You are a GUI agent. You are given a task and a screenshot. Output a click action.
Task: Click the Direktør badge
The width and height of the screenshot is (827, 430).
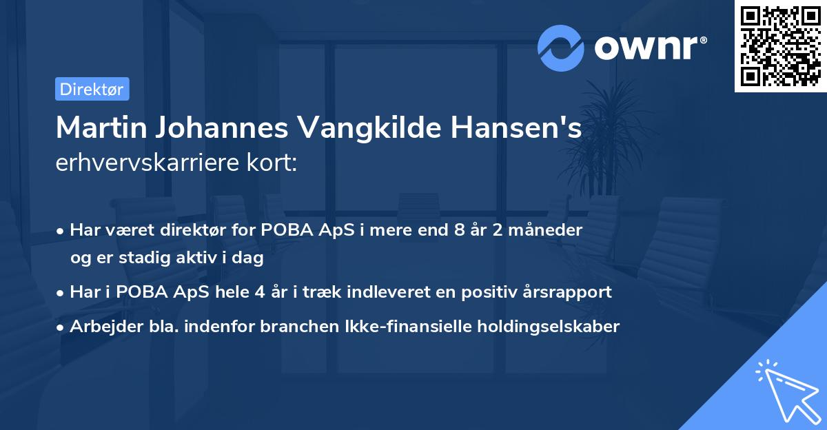(92, 89)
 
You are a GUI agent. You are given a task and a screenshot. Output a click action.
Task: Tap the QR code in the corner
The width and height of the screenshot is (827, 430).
(780, 46)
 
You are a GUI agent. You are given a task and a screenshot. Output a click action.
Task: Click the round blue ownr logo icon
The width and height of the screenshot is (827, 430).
(561, 48)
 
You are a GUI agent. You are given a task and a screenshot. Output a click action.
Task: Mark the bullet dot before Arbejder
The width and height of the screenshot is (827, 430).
(61, 327)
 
